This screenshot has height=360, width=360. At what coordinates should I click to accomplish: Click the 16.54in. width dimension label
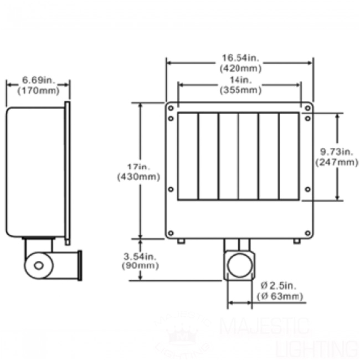[240, 57]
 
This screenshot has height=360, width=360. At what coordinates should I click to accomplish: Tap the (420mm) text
[240, 68]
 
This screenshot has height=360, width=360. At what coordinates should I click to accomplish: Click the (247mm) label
[337, 162]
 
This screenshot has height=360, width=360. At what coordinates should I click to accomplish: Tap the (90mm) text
[139, 266]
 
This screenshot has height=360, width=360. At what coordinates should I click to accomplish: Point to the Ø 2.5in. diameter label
[281, 286]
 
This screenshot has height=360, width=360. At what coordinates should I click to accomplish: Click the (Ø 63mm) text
[281, 297]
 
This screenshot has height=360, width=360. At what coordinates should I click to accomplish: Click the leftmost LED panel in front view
[188, 156]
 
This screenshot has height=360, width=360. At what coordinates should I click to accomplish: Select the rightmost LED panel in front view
[289, 156]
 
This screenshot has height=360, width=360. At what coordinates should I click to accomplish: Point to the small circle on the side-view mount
[38, 265]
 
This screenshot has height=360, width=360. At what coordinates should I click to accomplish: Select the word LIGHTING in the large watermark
[316, 348]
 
